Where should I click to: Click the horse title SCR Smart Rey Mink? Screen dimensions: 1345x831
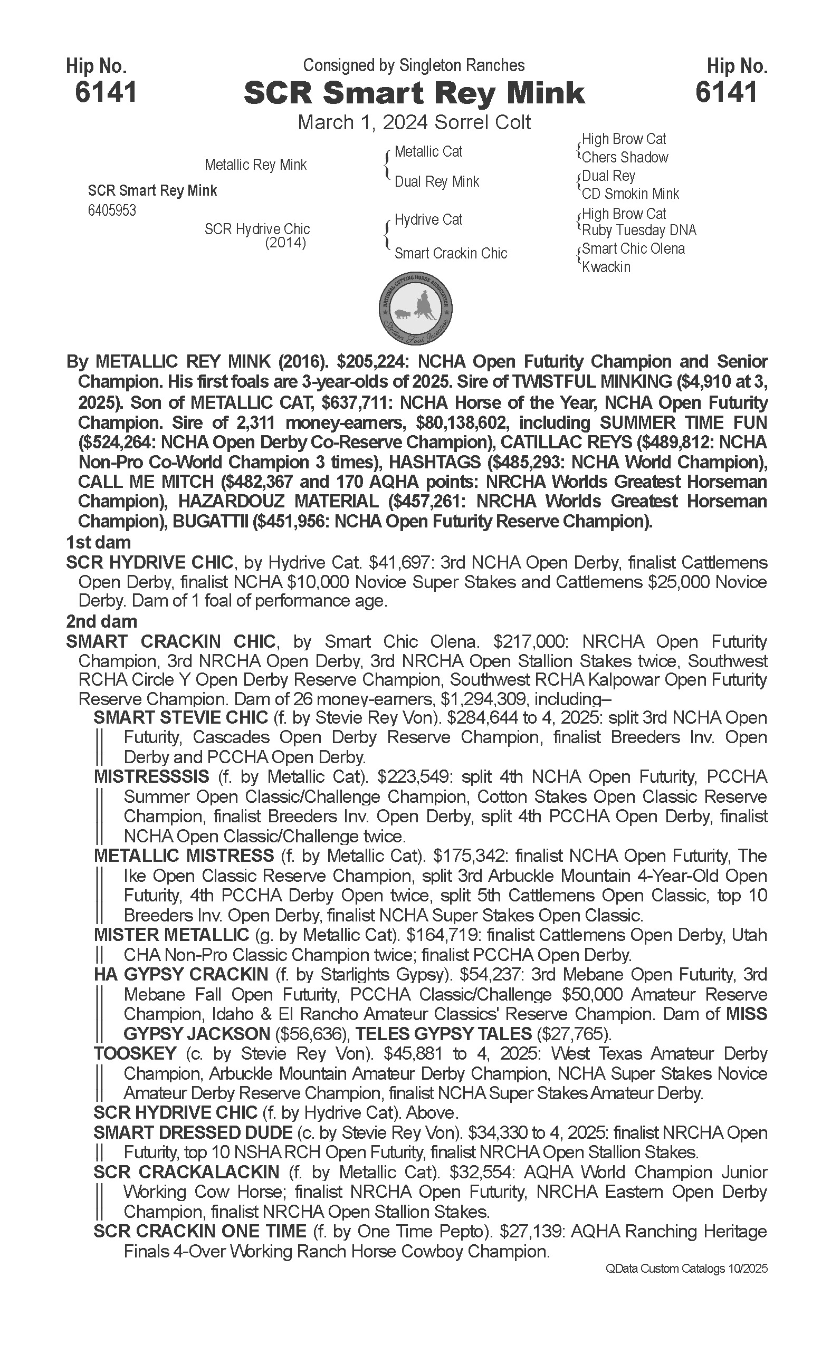point(414,93)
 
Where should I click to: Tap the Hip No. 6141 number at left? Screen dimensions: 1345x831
point(106,92)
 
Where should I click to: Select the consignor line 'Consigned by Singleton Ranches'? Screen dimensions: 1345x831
point(414,65)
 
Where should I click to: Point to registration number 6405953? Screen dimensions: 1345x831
point(111,210)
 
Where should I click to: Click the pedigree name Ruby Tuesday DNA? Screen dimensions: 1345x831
point(638,230)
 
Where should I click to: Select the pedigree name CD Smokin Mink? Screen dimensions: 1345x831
point(631,194)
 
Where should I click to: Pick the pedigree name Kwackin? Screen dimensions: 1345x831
point(606,267)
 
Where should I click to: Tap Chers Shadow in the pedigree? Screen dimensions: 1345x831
point(625,157)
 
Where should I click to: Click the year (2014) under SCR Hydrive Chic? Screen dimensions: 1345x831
point(285,242)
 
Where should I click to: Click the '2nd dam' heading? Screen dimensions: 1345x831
point(101,621)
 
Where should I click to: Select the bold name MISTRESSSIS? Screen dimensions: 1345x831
point(151,777)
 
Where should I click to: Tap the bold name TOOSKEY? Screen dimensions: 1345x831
point(135,1054)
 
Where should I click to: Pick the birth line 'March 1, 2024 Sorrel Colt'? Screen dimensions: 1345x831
point(414,122)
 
